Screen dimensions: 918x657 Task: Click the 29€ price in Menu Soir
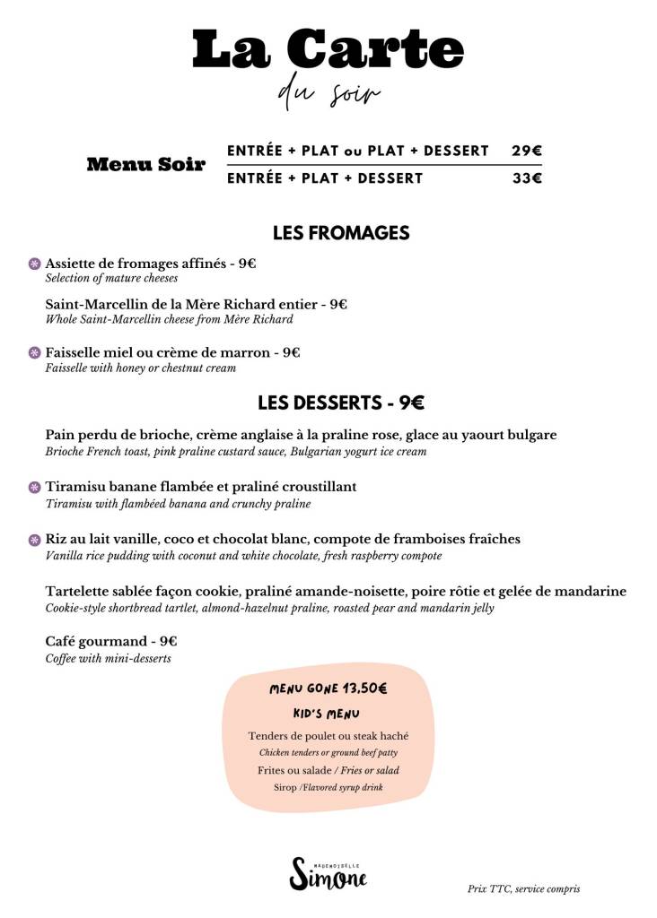tap(526, 151)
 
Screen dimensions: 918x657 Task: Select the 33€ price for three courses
tap(526, 178)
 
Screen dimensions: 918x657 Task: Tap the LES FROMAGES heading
tap(341, 233)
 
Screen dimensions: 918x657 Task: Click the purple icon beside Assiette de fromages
tap(35, 264)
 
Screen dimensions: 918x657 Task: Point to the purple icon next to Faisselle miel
tap(35, 353)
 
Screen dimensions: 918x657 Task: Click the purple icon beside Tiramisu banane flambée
tap(35, 487)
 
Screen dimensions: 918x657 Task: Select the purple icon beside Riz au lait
tap(35, 540)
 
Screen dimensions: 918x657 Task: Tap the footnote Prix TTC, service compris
tap(523, 889)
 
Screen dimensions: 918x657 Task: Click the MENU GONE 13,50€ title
tap(328, 689)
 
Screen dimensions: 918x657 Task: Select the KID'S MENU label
tap(327, 714)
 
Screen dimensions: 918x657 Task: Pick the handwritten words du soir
tap(328, 94)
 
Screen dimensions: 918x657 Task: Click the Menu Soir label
tap(145, 165)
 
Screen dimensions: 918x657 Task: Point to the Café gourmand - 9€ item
tap(111, 642)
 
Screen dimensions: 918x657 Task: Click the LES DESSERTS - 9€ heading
tap(341, 403)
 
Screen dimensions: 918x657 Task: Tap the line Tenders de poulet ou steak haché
tap(328, 737)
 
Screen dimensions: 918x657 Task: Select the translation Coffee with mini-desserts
tap(108, 659)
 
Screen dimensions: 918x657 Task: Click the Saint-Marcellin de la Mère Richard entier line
tap(196, 305)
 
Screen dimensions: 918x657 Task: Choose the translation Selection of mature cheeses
tap(111, 279)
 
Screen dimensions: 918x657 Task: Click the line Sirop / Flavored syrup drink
tap(328, 787)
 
